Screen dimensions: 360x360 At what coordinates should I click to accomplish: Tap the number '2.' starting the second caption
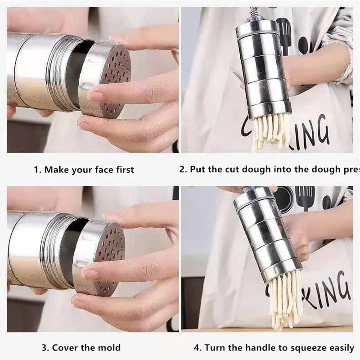click(x=183, y=170)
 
